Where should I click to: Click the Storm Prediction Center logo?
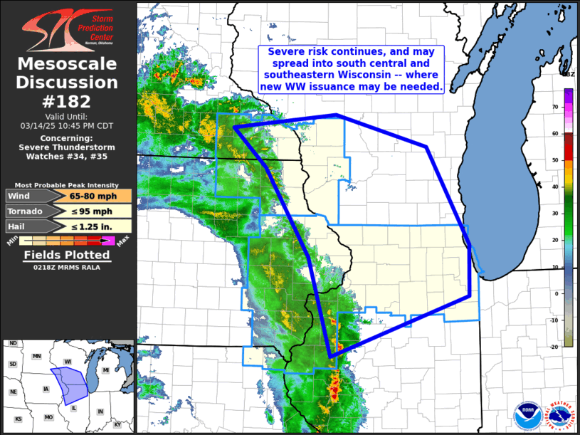click(67, 28)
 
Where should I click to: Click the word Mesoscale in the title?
click(67, 65)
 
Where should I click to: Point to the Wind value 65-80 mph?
click(89, 196)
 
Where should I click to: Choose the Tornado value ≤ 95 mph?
click(89, 211)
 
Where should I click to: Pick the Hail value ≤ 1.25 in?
click(89, 227)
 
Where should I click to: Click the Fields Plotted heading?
click(67, 255)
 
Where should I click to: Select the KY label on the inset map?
click(117, 424)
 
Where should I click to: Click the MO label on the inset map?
click(48, 417)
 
